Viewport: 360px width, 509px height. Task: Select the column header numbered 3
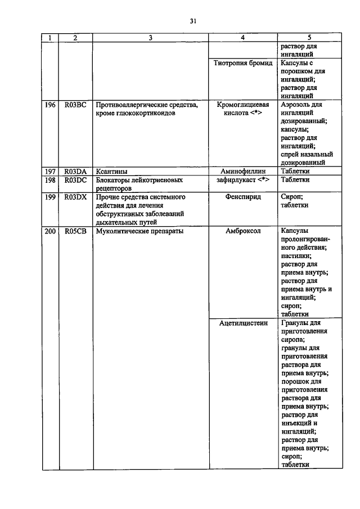click(150, 38)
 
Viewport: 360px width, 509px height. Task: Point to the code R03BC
click(75, 105)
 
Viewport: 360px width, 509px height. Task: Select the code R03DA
click(75, 172)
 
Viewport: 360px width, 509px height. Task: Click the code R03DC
click(75, 180)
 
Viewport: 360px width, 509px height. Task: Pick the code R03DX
click(75, 197)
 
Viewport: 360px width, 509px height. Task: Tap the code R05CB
click(75, 231)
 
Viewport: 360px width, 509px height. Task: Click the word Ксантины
click(111, 172)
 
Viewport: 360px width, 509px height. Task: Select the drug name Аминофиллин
click(242, 172)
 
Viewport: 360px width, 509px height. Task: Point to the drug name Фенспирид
click(242, 197)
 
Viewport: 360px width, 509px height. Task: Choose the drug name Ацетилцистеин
click(242, 323)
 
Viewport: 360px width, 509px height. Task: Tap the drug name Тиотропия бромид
click(242, 63)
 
